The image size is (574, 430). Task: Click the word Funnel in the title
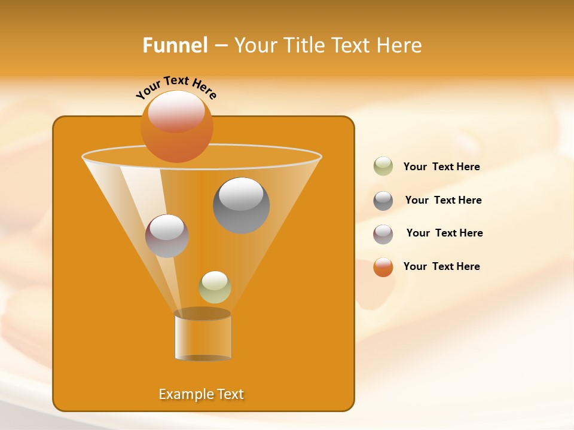(175, 45)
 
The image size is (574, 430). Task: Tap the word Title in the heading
(304, 45)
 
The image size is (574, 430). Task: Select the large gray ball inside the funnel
(241, 206)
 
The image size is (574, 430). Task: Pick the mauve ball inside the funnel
(167, 236)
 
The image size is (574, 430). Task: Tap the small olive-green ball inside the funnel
(215, 287)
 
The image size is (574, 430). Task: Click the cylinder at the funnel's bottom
(203, 336)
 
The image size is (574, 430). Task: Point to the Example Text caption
(201, 394)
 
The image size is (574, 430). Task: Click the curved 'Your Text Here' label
(176, 87)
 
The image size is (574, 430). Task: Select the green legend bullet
(383, 167)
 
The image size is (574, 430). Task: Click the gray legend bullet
(383, 201)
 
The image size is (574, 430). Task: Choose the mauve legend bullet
(383, 234)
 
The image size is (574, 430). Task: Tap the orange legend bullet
(383, 267)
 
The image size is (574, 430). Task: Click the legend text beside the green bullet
(441, 167)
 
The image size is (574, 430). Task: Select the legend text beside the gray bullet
(443, 201)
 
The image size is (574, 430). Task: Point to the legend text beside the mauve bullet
(444, 234)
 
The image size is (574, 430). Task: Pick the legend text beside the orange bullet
(441, 267)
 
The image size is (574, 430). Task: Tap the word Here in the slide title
(400, 45)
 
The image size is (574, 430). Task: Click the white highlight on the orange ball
(176, 111)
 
